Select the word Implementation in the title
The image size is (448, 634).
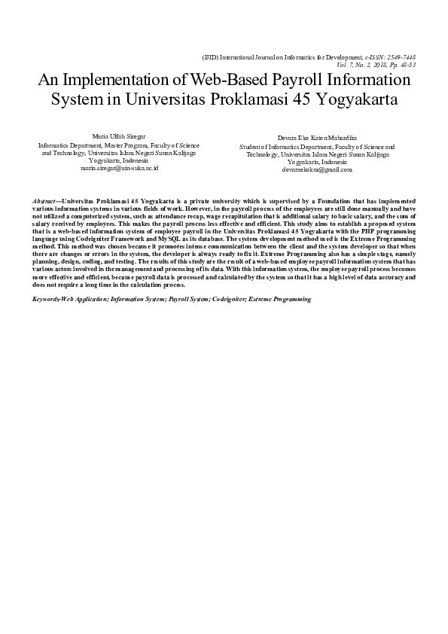click(117, 81)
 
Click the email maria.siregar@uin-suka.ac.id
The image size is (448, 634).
click(119, 168)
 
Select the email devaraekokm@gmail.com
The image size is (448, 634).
click(317, 170)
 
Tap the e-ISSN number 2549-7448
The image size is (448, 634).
click(401, 56)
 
